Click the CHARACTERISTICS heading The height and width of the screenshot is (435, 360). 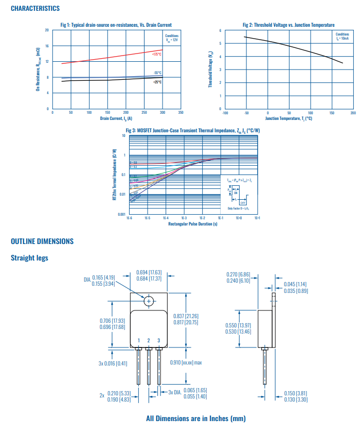tap(35, 8)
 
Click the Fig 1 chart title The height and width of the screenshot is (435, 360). tap(116, 25)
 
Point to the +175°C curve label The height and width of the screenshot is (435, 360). tap(156, 54)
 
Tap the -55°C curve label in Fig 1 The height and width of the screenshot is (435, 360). tap(157, 73)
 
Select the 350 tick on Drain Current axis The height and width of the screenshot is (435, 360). tap(181, 112)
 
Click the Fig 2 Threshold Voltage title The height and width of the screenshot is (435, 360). tap(289, 25)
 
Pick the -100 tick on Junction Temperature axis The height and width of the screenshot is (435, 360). tap(224, 112)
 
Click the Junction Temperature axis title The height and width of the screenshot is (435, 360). tap(289, 118)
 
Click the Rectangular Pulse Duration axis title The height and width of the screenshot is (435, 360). tap(193, 224)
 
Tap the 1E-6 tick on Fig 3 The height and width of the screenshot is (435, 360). tap(129, 218)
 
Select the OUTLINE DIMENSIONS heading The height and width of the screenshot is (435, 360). tap(42, 241)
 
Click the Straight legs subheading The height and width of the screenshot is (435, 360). tap(29, 257)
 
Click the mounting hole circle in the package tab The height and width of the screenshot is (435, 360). tap(149, 301)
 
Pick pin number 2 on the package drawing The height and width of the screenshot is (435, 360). tap(149, 340)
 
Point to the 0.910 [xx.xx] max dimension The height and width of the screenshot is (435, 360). tap(186, 362)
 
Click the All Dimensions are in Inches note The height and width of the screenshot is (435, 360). tap(196, 419)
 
